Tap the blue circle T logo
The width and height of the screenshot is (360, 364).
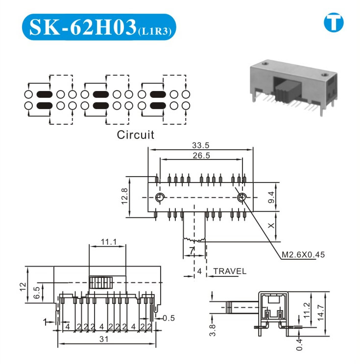click(334, 23)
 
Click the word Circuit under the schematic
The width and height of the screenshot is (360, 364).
click(135, 135)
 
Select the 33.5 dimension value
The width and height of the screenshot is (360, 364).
click(200, 145)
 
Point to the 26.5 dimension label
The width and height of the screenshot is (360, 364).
click(201, 155)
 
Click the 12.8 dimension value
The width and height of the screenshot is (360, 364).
click(124, 196)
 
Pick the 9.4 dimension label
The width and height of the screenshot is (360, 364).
click(271, 197)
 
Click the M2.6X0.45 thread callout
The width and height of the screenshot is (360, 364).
click(303, 255)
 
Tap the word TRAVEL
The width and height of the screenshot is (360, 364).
click(230, 271)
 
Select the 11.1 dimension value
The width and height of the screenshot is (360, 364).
click(109, 242)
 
